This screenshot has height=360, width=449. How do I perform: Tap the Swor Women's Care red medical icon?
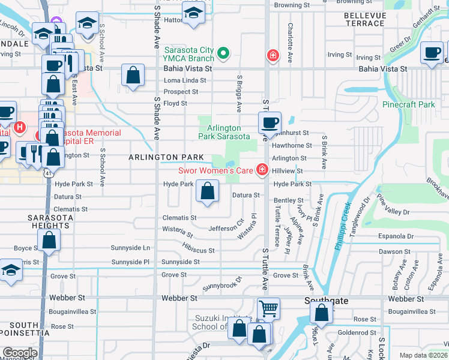[x=262, y=171]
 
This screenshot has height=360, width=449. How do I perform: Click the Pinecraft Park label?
[x=408, y=104]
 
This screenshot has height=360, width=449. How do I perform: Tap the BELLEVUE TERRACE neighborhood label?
[x=364, y=19]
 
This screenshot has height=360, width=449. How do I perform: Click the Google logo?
[x=20, y=352]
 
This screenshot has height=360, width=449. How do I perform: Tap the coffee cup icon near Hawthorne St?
[x=270, y=123]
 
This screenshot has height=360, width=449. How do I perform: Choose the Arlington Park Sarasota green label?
[x=228, y=132]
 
